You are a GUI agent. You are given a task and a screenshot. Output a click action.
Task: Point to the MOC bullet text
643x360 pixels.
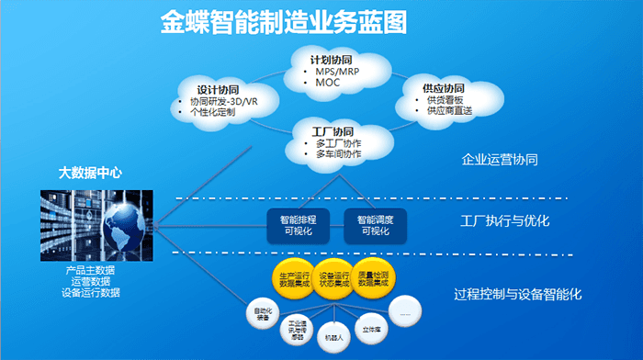(x=327, y=83)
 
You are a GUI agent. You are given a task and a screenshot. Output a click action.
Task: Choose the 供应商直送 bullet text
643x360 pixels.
(x=448, y=110)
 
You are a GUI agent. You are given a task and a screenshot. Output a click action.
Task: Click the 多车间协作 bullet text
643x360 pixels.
(x=338, y=154)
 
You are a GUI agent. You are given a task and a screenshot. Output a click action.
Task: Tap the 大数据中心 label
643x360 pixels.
(x=90, y=172)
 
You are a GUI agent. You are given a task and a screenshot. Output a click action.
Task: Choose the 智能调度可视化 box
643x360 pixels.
(x=375, y=225)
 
